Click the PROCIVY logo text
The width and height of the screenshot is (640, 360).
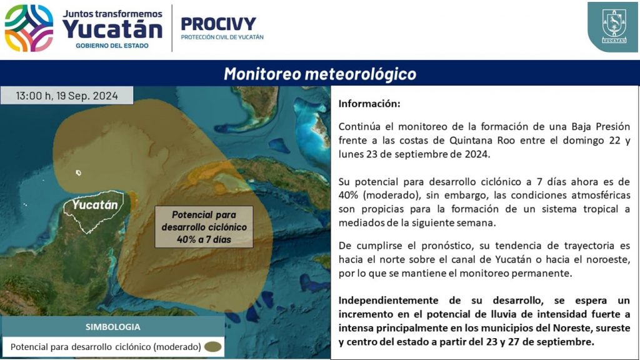218,24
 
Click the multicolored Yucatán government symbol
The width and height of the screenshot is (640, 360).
29,28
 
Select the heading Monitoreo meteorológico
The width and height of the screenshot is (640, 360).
320,74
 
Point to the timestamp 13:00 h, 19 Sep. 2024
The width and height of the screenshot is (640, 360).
67,96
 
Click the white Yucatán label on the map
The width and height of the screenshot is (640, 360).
95,204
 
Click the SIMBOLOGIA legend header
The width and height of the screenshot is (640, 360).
112,327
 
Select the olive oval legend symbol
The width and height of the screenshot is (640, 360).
212,347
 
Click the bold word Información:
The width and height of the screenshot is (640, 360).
369,104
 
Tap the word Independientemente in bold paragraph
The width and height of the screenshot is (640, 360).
388,301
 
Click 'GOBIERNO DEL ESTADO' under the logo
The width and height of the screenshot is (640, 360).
112,46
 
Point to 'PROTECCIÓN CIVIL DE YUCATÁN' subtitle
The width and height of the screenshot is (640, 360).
222,37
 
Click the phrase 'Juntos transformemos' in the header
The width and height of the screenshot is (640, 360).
112,14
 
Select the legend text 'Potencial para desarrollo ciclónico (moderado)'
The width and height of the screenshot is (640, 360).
106,347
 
